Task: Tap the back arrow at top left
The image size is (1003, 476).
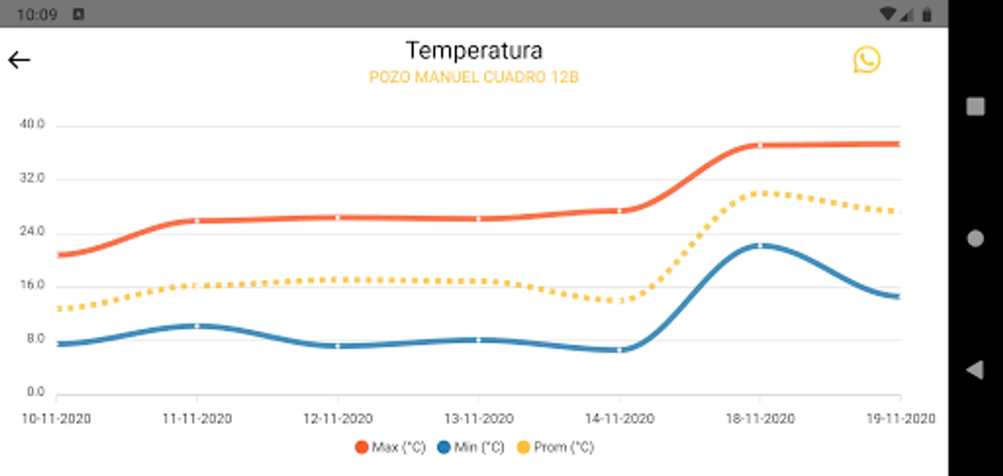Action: pyautogui.click(x=19, y=60)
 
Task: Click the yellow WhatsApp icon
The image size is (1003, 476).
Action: pyautogui.click(x=867, y=60)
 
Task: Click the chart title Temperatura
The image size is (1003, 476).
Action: pyautogui.click(x=474, y=51)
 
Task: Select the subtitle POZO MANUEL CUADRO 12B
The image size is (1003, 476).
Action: pyautogui.click(x=474, y=77)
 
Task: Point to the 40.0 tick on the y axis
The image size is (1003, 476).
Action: pyautogui.click(x=32, y=124)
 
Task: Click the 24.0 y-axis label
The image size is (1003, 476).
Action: pyautogui.click(x=32, y=231)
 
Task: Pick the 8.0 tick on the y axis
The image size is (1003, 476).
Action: pyautogui.click(x=35, y=338)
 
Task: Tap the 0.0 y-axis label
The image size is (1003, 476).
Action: pyautogui.click(x=35, y=392)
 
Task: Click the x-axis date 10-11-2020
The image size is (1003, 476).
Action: pyautogui.click(x=56, y=419)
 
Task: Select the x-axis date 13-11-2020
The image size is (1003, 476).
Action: pyautogui.click(x=479, y=419)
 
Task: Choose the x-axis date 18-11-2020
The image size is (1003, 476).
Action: pyautogui.click(x=760, y=419)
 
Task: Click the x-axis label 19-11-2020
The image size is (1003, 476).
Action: pyautogui.click(x=900, y=419)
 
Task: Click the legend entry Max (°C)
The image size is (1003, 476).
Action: pyautogui.click(x=391, y=447)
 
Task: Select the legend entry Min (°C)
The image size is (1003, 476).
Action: pyautogui.click(x=471, y=447)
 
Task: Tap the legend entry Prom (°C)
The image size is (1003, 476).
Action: pyautogui.click(x=555, y=447)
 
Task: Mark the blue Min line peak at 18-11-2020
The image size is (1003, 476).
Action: pyautogui.click(x=760, y=246)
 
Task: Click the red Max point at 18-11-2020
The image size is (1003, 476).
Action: pyautogui.click(x=760, y=145)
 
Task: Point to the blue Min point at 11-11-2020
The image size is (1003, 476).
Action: pyautogui.click(x=197, y=326)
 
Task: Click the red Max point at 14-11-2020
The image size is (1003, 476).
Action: pyautogui.click(x=619, y=211)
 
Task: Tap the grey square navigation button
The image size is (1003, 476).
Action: pyautogui.click(x=975, y=106)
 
